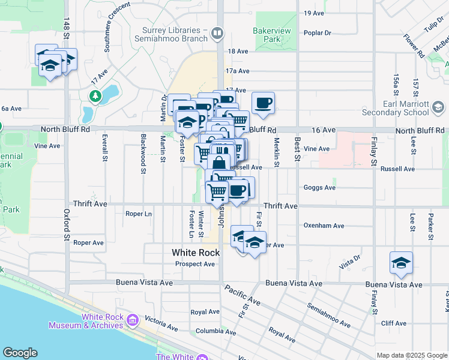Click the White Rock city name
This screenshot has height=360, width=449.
point(196,253)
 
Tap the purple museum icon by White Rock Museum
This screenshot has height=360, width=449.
point(133,321)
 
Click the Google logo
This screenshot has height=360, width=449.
point(20,353)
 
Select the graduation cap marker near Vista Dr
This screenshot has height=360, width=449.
point(401,263)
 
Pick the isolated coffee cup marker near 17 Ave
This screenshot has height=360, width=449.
point(263,103)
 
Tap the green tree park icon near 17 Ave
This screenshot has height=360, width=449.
point(95,96)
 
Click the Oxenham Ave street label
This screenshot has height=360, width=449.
point(324,226)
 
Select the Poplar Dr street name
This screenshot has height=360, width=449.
point(318,33)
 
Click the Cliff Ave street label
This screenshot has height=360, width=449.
point(394,323)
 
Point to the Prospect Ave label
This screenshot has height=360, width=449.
point(195,264)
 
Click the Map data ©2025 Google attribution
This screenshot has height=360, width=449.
point(412,355)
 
